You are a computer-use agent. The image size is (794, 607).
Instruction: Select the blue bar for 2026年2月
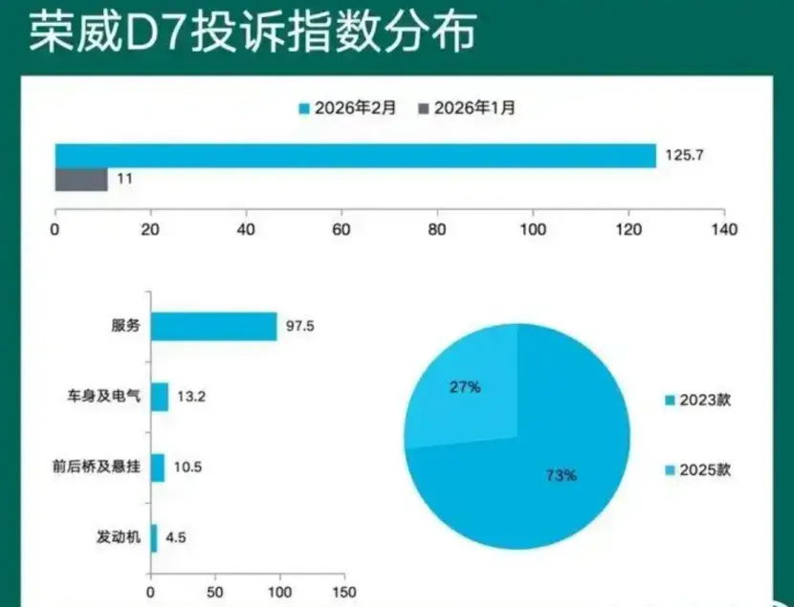click(355, 156)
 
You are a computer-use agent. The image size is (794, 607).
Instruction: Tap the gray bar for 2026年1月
click(80, 180)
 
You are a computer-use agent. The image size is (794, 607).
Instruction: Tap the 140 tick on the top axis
click(724, 229)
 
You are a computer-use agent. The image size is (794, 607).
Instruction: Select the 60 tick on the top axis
click(342, 229)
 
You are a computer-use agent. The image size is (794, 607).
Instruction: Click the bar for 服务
click(213, 326)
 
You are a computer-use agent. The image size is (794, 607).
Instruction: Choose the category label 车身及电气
click(108, 397)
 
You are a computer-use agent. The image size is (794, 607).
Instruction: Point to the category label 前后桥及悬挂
click(97, 467)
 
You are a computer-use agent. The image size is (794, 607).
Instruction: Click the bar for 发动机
click(153, 537)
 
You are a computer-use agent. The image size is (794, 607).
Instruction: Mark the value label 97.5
click(300, 326)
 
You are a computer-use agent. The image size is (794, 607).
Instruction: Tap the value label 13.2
click(189, 397)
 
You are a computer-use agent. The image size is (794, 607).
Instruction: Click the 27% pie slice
click(464, 392)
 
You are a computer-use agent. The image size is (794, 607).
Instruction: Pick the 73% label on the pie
click(561, 474)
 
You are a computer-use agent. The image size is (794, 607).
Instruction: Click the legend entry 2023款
click(702, 401)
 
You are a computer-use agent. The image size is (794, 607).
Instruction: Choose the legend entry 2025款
click(702, 470)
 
